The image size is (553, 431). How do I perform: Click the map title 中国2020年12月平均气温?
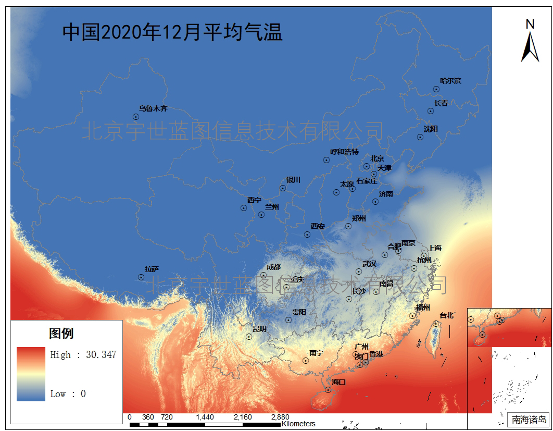click(x=172, y=32)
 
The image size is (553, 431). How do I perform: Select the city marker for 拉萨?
click(x=141, y=277)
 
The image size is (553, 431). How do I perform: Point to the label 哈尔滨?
click(x=450, y=81)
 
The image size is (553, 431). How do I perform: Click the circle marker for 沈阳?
click(x=420, y=137)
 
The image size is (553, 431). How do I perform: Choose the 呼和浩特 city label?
click(x=344, y=152)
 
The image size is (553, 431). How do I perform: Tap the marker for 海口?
click(x=328, y=389)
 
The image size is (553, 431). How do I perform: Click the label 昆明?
click(x=259, y=329)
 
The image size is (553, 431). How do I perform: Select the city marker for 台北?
click(x=436, y=324)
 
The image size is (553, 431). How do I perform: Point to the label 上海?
click(x=435, y=248)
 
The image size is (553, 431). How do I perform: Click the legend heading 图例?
click(x=61, y=334)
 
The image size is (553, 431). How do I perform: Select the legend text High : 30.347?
click(x=83, y=355)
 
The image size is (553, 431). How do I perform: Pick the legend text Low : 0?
click(x=68, y=394)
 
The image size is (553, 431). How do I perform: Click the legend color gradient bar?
click(x=31, y=374)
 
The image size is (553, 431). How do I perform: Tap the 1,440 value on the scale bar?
click(x=205, y=417)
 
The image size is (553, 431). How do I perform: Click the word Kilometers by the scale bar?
click(x=298, y=424)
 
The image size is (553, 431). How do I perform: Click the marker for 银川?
click(x=283, y=188)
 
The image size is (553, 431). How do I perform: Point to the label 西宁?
click(x=254, y=200)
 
